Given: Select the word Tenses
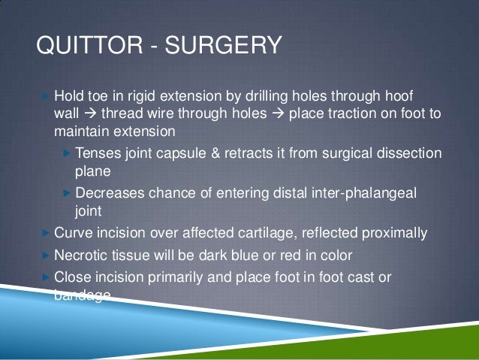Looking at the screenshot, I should pyautogui.click(x=96, y=153).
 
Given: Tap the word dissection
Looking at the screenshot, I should pyautogui.click(x=408, y=153).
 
